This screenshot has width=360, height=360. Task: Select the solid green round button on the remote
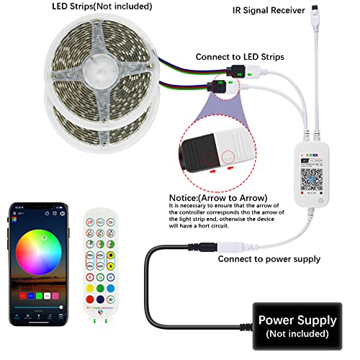tap(99, 288)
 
